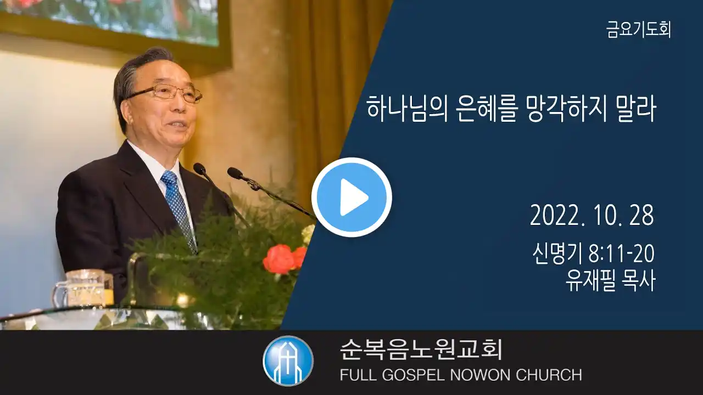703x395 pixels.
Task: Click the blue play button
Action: point(351,198)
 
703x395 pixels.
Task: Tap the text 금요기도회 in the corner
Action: point(639,30)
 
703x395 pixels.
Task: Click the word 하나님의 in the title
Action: point(407,109)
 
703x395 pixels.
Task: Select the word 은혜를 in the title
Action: point(487,109)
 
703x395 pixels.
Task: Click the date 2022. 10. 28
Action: point(592,215)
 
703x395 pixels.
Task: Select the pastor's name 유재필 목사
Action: point(610,281)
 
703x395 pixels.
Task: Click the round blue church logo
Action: point(288,361)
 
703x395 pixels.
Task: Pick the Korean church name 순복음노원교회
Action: point(421,349)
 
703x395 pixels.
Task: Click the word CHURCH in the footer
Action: point(549,375)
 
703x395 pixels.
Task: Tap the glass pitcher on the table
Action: point(83,289)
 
